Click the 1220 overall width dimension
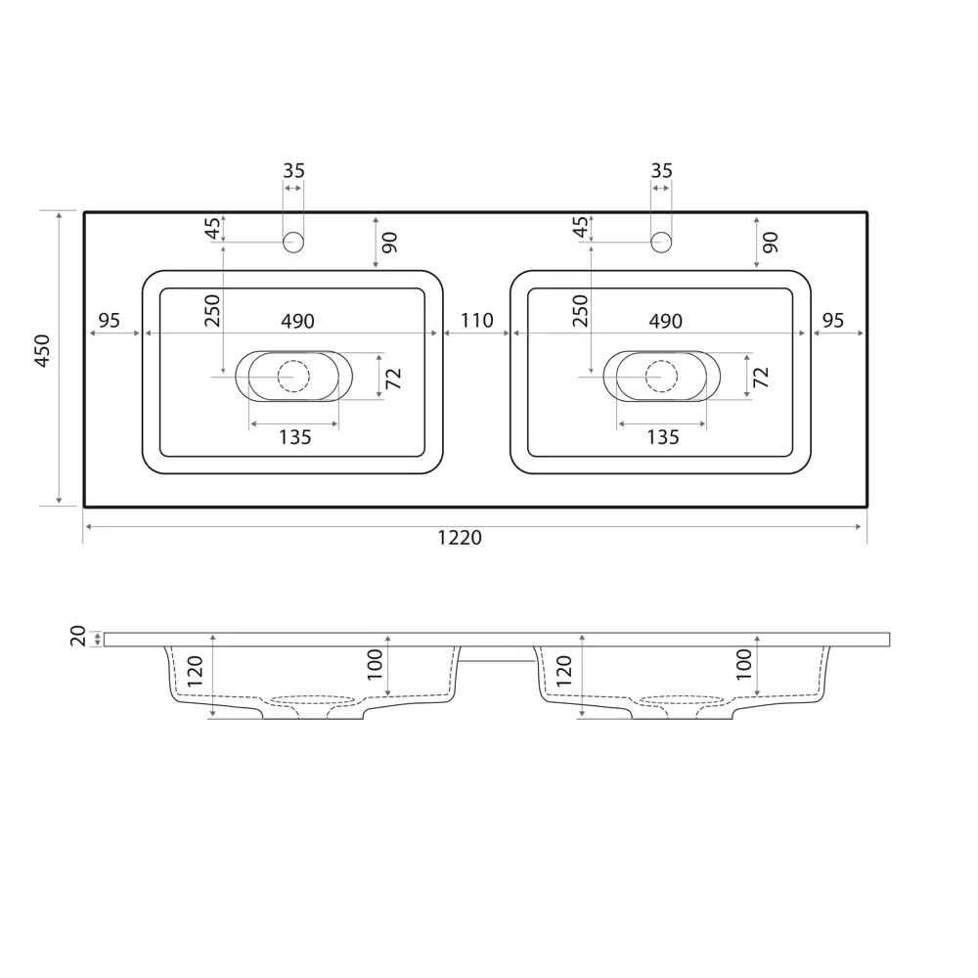tap(460, 537)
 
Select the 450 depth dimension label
tap(42, 350)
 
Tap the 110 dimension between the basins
tap(477, 321)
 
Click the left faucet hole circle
tap(293, 242)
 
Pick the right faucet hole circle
tap(661, 242)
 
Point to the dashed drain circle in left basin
tap(293, 377)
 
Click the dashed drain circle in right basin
tap(662, 377)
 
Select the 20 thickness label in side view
tap(78, 637)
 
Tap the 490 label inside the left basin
tap(297, 321)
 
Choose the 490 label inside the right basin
tap(665, 321)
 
